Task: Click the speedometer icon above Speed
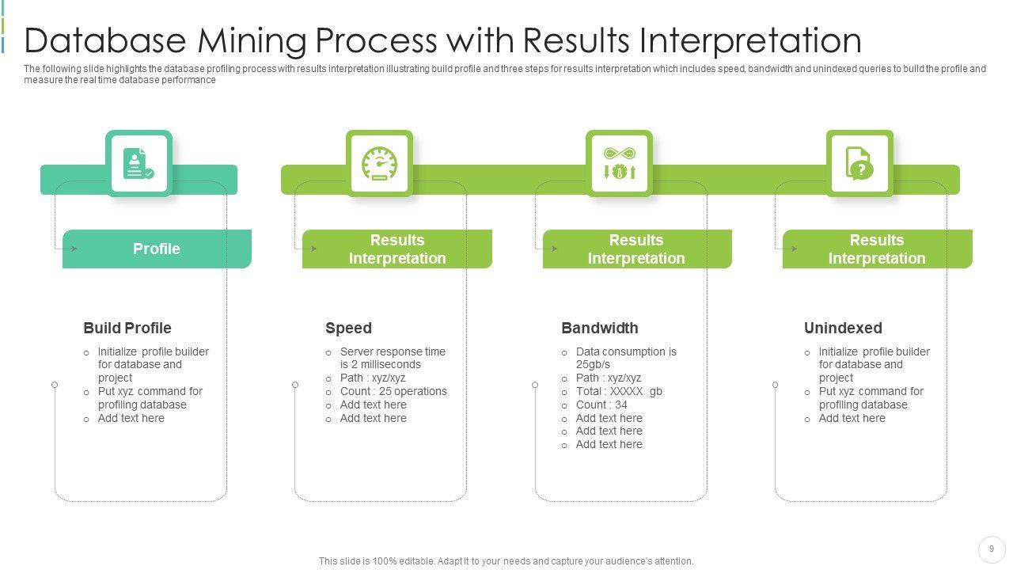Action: click(x=379, y=164)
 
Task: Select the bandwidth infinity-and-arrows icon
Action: click(x=619, y=163)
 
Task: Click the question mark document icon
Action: click(x=859, y=163)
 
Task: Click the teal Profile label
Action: click(x=157, y=249)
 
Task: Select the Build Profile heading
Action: click(x=127, y=328)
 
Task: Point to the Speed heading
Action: click(x=348, y=328)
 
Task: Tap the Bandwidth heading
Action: click(x=600, y=328)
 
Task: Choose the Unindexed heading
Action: click(x=843, y=328)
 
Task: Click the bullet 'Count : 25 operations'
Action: click(x=393, y=391)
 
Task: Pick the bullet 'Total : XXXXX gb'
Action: click(x=619, y=391)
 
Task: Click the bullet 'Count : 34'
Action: click(x=601, y=405)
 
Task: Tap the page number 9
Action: click(x=992, y=549)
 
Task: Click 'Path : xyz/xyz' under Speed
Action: click(x=372, y=378)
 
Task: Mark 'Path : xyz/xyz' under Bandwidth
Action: click(x=609, y=378)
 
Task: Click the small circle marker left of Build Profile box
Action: click(x=55, y=385)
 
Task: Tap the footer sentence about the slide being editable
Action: click(x=506, y=561)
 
